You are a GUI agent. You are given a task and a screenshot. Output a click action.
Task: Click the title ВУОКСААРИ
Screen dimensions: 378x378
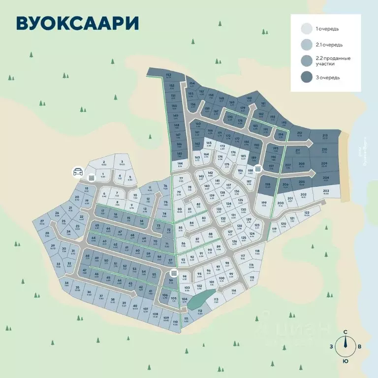pos(76,23)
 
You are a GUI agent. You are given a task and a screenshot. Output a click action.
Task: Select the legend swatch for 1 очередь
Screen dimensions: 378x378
pos(307,29)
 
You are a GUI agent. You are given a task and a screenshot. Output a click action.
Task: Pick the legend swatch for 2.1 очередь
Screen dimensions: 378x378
pos(307,45)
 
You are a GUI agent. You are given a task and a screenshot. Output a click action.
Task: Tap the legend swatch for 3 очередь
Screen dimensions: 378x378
pos(307,77)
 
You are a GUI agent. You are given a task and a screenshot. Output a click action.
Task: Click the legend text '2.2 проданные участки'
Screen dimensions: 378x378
pos(335,61)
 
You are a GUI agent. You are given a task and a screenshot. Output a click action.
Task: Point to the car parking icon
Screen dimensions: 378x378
pos(78,172)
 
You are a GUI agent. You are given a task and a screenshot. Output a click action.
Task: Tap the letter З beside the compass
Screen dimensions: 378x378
pos(332,346)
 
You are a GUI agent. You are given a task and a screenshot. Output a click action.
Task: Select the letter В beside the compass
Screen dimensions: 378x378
pos(359,346)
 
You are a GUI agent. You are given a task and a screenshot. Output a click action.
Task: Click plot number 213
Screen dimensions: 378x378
pos(324,137)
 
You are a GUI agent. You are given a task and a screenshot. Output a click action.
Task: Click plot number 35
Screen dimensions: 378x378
pos(77,288)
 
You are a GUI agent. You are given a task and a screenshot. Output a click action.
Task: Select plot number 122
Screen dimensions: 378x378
pos(307,214)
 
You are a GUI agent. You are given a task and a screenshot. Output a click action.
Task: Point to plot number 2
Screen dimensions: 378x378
pos(104,163)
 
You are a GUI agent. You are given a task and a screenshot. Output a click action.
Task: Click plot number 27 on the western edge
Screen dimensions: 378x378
pos(42,222)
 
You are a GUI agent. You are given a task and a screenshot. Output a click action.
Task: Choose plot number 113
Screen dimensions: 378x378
pos(216,300)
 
